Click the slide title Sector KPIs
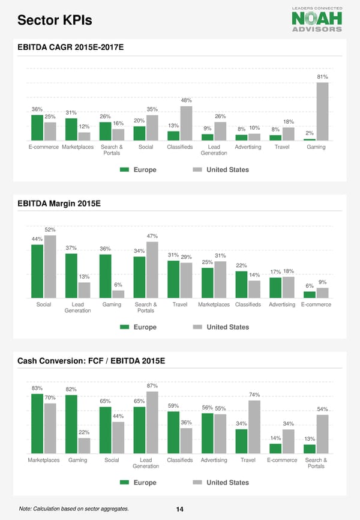click(x=55, y=21)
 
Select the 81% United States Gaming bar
click(x=322, y=111)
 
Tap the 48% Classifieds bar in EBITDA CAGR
click(x=186, y=123)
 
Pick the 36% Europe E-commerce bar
click(x=37, y=127)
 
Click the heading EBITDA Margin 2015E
click(x=59, y=204)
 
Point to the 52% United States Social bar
click(x=50, y=266)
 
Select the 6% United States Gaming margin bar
click(x=118, y=294)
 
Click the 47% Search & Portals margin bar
click(x=152, y=270)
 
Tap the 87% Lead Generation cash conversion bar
click(x=152, y=423)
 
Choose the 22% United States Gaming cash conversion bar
click(x=84, y=446)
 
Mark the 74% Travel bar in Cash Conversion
click(x=254, y=427)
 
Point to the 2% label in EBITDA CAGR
click(x=310, y=133)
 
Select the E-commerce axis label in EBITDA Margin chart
click(x=316, y=304)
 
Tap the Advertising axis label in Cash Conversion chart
click(x=214, y=461)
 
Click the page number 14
click(x=179, y=509)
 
